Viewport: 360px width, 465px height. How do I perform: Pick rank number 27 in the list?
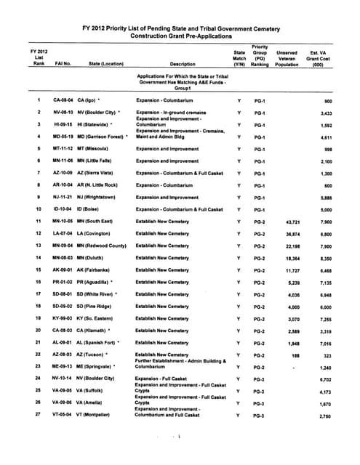pyautogui.click(x=38, y=416)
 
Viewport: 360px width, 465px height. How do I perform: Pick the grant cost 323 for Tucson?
pyautogui.click(x=328, y=355)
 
